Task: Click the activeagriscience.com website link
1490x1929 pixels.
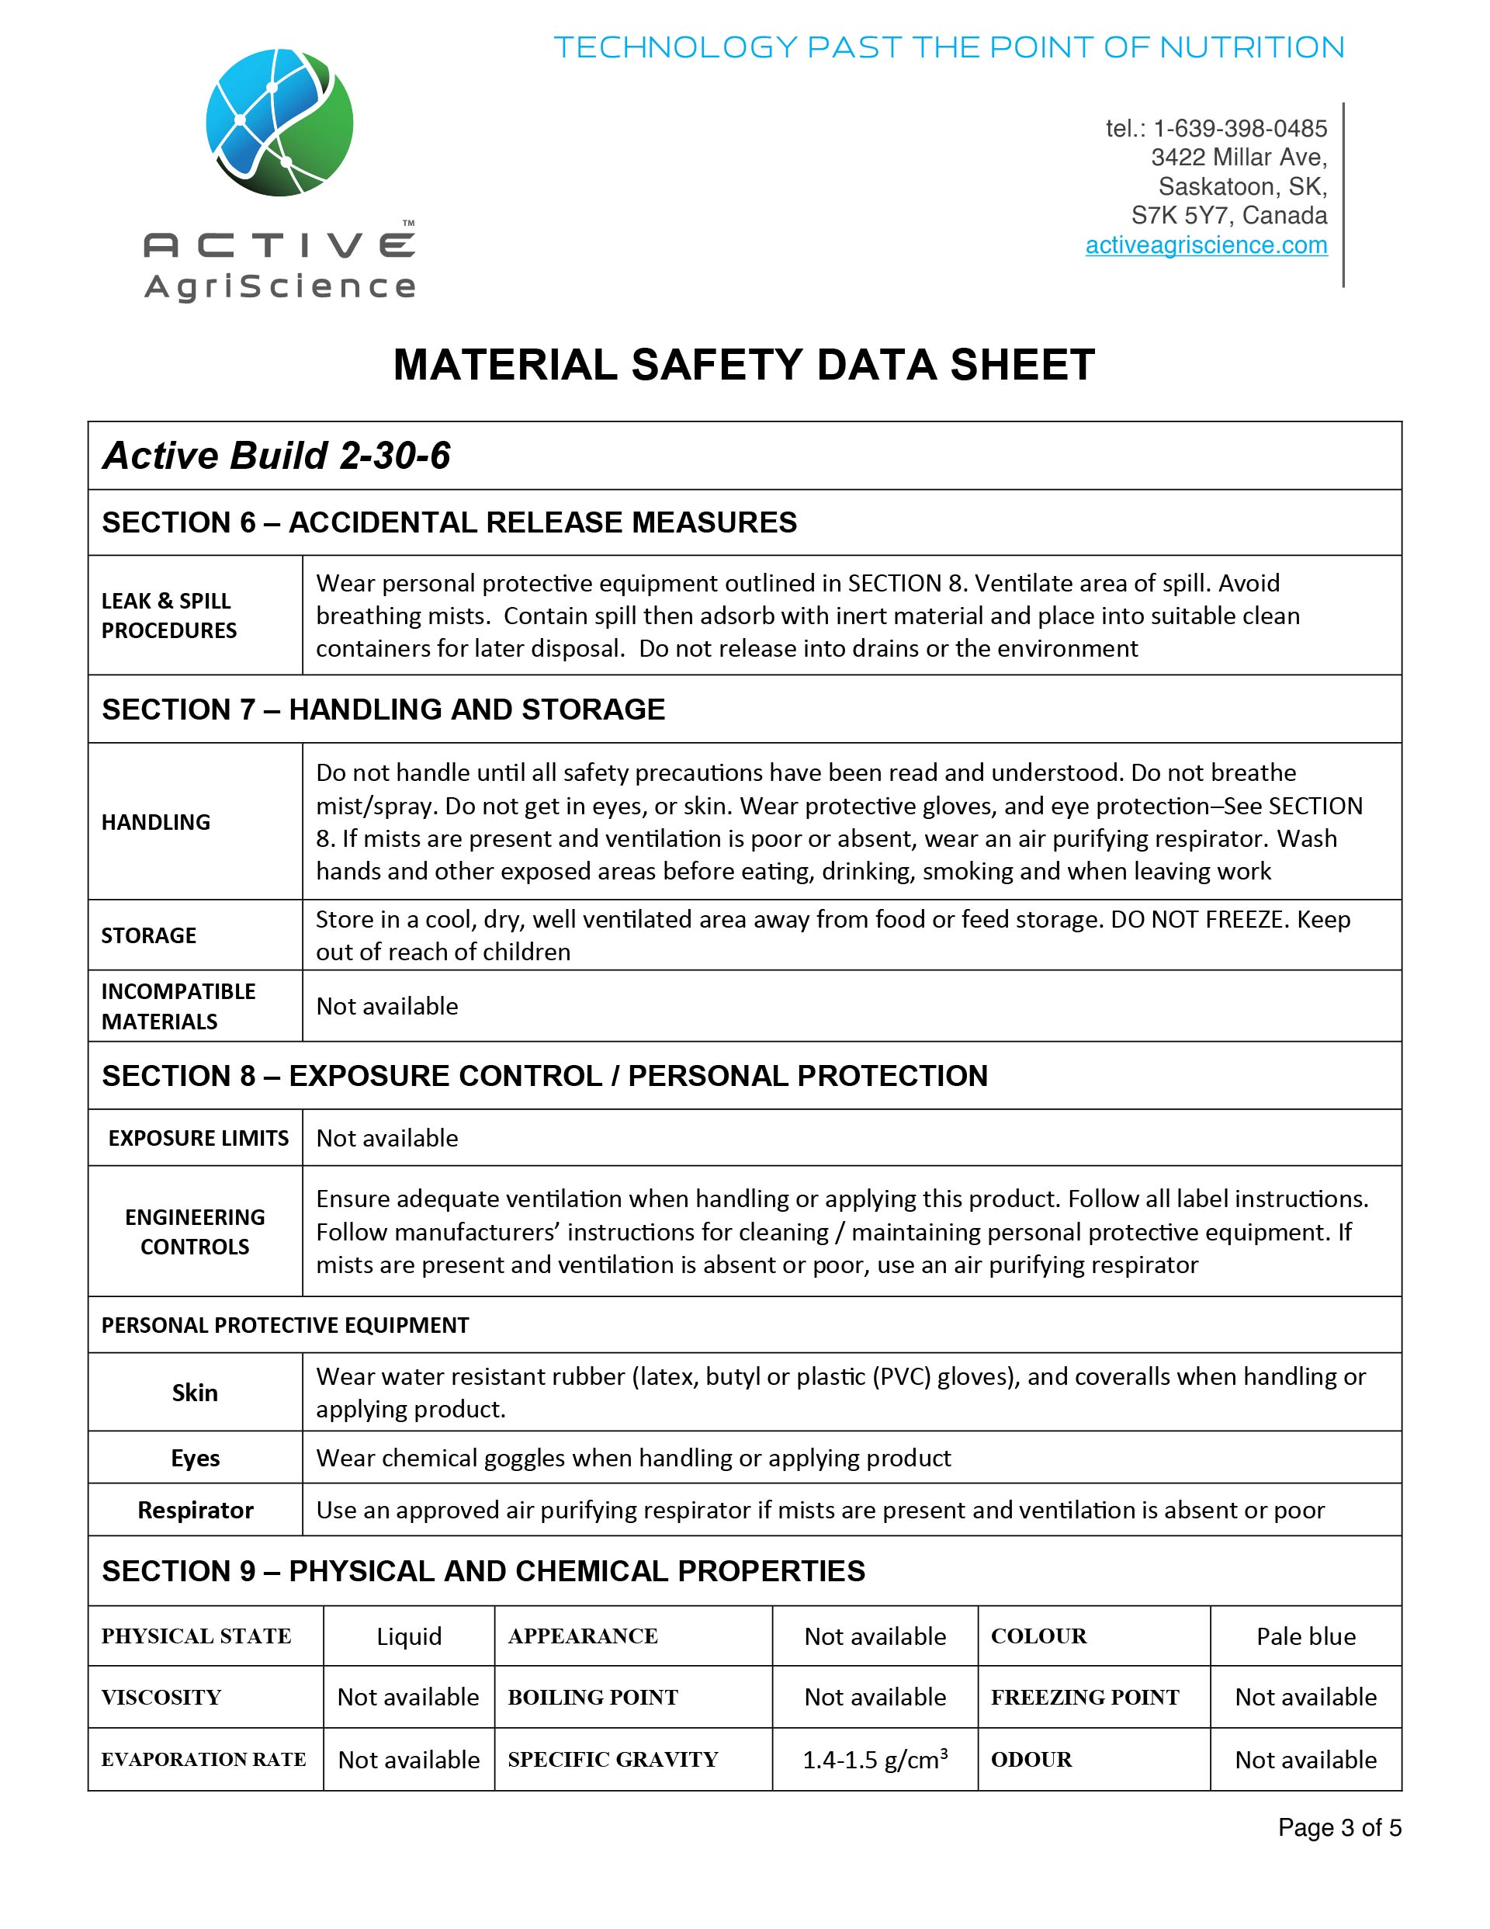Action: point(1206,245)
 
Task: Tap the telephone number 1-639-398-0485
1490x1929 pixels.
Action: point(1239,129)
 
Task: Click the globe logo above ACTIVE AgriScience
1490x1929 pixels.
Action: point(279,123)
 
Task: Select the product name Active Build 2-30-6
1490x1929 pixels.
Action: point(276,456)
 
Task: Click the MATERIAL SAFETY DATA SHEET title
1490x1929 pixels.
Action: point(743,365)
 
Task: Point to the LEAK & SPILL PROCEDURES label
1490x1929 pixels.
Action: point(168,616)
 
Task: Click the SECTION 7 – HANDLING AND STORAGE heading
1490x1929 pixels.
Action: point(383,709)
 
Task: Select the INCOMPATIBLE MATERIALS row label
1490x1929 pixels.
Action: point(178,1006)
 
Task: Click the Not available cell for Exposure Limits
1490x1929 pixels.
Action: point(386,1138)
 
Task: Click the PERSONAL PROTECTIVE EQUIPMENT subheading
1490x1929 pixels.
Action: point(286,1325)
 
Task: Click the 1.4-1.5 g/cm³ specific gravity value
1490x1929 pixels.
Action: point(875,1760)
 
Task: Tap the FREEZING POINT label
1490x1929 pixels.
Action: point(1085,1698)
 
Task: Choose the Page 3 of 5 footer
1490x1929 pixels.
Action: point(1339,1827)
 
